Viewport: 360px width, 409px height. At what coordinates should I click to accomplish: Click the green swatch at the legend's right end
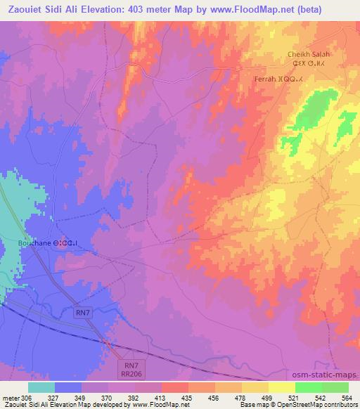335,387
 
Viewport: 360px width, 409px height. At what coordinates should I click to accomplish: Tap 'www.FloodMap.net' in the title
238,11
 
